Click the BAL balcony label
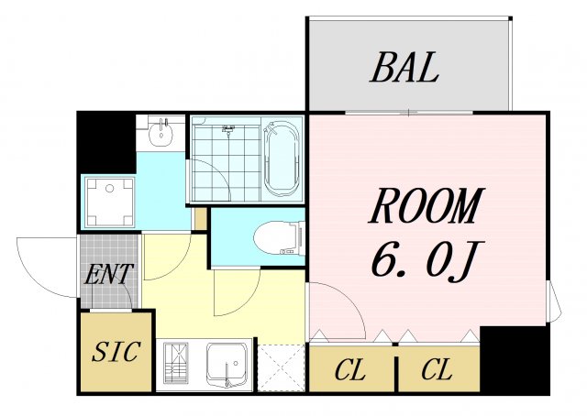(404, 67)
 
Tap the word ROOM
(426, 207)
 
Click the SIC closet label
(116, 352)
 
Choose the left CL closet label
(349, 370)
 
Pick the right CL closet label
(437, 369)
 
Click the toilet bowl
(279, 238)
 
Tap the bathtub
(282, 158)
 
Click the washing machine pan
(109, 202)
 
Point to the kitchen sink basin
(227, 364)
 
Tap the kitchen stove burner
(176, 362)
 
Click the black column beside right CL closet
(514, 360)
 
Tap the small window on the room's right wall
(553, 301)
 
